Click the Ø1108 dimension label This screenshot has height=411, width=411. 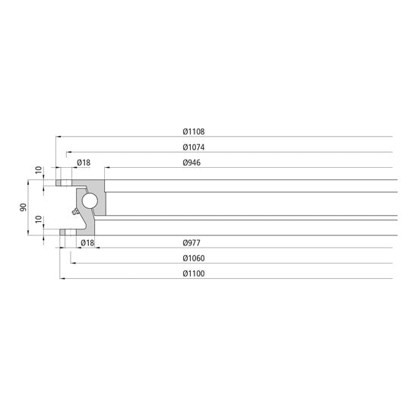pyautogui.click(x=194, y=131)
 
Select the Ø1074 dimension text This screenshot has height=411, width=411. pyautogui.click(x=194, y=147)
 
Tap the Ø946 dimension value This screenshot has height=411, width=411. pyautogui.click(x=191, y=163)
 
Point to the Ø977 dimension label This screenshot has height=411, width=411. pyautogui.click(x=191, y=242)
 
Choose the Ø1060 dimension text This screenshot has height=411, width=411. pyautogui.click(x=194, y=258)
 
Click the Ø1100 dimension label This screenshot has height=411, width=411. pyautogui.click(x=194, y=273)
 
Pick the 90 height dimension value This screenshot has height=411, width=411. pyautogui.click(x=24, y=207)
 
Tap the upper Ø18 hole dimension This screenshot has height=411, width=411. pyautogui.click(x=84, y=163)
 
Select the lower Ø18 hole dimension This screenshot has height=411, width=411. pyautogui.click(x=87, y=242)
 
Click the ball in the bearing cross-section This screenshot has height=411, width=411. pyautogui.click(x=90, y=201)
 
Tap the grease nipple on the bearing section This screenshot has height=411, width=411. pyautogui.click(x=71, y=214)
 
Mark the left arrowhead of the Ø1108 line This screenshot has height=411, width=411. pyautogui.click(x=57, y=137)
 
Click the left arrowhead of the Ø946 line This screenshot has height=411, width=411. pyautogui.click(x=106, y=168)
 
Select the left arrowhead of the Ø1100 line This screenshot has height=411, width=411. pyautogui.click(x=60, y=279)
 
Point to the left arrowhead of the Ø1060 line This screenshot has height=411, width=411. pyautogui.click(x=73, y=264)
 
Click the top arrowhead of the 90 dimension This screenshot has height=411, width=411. pyautogui.click(x=29, y=182)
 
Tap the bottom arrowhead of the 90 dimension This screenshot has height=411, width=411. pyautogui.click(x=29, y=233)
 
